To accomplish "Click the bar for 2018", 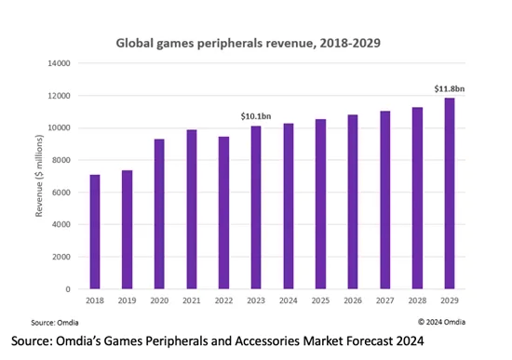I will pos(95,232).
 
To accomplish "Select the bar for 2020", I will pos(160,214).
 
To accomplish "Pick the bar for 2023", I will pos(256,207).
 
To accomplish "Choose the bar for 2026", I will pos(353,202).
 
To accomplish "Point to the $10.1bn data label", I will pos(256,116).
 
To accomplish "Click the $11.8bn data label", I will pos(449,88).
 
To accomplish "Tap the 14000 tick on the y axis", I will pos(60,63).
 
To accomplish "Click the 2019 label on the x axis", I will pos(128,301).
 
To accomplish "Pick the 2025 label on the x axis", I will pos(320,301).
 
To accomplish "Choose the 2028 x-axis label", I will pos(417,301).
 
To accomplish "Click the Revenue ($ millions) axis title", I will pos(37,177).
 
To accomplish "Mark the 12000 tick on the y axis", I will pos(60,96).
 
